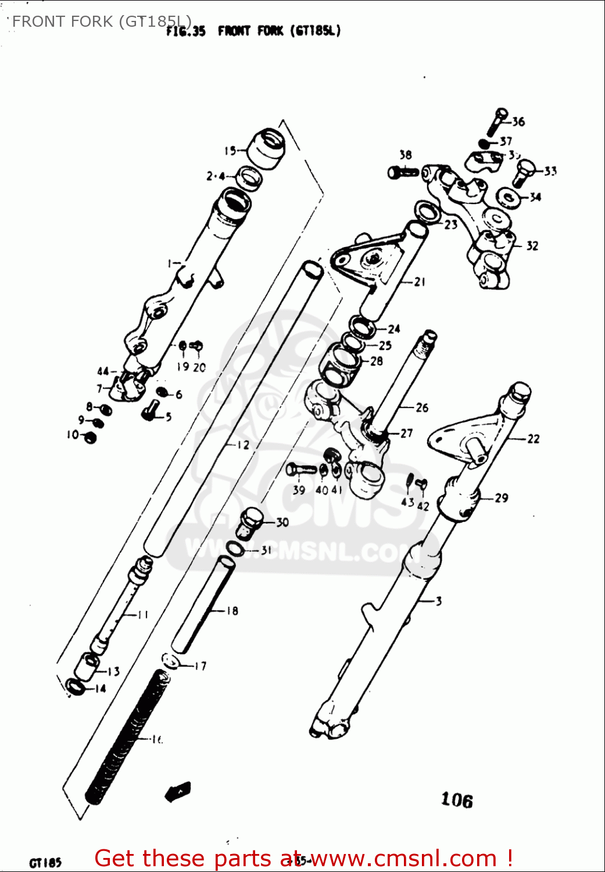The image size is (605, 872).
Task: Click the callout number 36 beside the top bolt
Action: click(x=518, y=121)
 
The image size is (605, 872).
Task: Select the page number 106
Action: click(x=456, y=800)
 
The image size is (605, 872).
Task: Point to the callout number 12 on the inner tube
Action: click(x=242, y=445)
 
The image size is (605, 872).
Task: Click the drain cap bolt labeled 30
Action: click(x=251, y=521)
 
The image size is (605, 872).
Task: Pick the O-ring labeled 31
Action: click(x=235, y=549)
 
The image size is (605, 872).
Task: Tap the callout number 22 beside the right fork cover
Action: click(x=533, y=439)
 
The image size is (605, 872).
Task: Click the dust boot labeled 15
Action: click(x=267, y=149)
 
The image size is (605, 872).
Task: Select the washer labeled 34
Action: click(x=510, y=198)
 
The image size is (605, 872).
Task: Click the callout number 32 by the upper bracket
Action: click(x=532, y=246)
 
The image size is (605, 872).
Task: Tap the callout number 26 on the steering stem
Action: click(x=422, y=408)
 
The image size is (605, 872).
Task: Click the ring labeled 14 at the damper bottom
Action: click(x=75, y=687)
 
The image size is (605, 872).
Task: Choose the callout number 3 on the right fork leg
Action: click(x=439, y=601)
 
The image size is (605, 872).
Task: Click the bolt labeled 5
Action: click(x=151, y=410)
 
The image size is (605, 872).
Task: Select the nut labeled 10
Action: click(x=90, y=437)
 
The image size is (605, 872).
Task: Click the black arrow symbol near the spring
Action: click(x=178, y=791)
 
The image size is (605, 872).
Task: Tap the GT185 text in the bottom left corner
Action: click(x=45, y=862)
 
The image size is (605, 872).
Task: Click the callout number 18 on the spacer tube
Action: click(x=232, y=610)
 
